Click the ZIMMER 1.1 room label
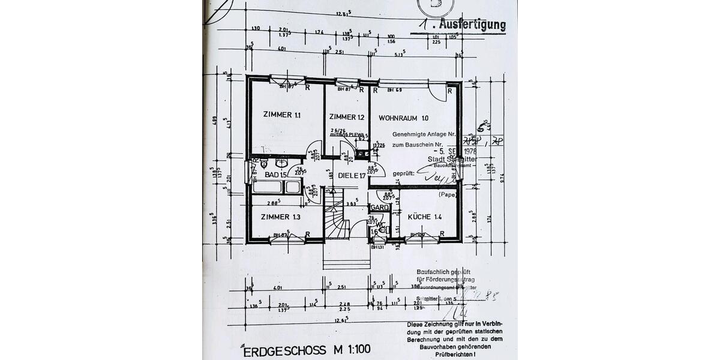281,115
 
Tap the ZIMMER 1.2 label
347,117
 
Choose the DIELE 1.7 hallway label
352,176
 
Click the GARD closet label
379,208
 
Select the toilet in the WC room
383,230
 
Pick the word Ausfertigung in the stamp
472,25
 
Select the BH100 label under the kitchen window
416,235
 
